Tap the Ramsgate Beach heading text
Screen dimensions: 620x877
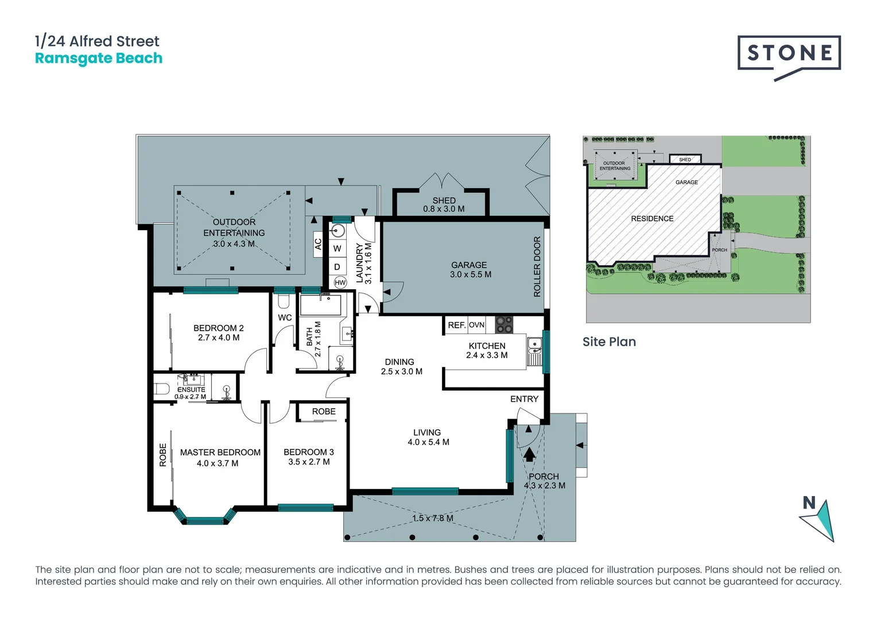click(99, 59)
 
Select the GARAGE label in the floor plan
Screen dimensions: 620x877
click(469, 265)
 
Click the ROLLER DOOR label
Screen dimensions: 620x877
click(537, 266)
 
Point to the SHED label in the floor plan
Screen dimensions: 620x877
click(444, 200)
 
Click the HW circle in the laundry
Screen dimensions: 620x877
click(340, 282)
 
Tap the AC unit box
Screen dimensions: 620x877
click(318, 244)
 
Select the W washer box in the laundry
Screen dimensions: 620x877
click(337, 249)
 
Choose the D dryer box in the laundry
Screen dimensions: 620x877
click(337, 267)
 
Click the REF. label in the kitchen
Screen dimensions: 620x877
click(456, 325)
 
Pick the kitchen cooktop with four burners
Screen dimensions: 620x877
click(504, 325)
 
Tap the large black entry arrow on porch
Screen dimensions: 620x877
click(529, 454)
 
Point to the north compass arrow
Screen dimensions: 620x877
click(820, 520)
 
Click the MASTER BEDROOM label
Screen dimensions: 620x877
click(220, 452)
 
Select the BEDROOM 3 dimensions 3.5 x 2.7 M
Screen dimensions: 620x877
click(309, 462)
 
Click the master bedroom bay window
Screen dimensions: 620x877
click(205, 520)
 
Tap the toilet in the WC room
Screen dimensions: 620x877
click(283, 301)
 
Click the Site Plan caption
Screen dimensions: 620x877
click(609, 342)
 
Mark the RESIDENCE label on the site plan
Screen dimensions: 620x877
click(652, 219)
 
